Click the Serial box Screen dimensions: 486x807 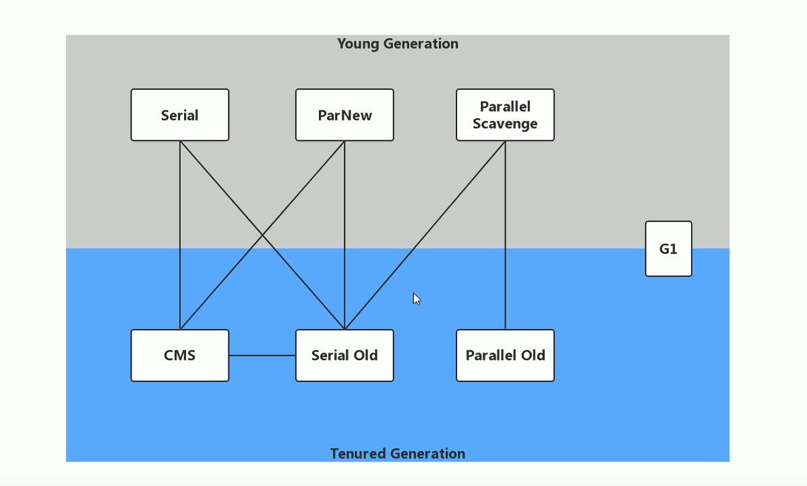click(180, 115)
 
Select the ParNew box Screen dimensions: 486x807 click(345, 115)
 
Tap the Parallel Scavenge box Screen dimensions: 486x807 click(505, 115)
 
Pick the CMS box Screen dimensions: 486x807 click(180, 355)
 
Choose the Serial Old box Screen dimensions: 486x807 click(345, 355)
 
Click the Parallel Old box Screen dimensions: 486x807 click(505, 355)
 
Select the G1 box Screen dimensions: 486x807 click(668, 249)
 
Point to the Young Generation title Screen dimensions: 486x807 click(398, 44)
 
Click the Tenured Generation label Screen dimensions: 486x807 click(398, 454)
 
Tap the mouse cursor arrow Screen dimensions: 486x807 click(416, 299)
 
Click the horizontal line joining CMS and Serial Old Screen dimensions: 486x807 click(262, 355)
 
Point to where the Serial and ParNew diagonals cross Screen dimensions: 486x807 click(262, 235)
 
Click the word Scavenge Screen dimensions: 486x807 click(505, 124)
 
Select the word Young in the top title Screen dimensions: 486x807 click(357, 44)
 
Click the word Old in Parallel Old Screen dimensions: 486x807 click(532, 355)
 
